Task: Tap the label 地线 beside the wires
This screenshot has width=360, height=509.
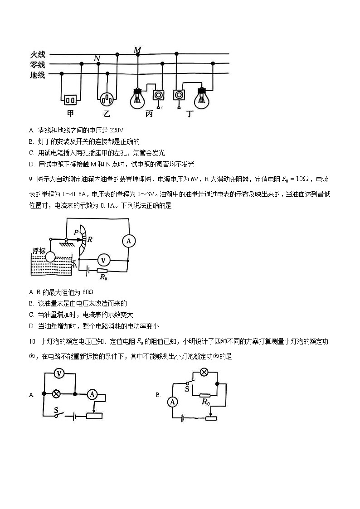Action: point(38,75)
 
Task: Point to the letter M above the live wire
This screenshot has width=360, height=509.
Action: point(137,49)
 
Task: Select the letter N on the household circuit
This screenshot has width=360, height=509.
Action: point(97,58)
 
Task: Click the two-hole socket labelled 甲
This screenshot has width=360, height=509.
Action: point(70,99)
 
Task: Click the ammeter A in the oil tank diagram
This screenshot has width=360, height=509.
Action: point(128,241)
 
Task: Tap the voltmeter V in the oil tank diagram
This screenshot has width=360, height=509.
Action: point(104,260)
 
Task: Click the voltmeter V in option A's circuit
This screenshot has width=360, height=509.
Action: point(58,373)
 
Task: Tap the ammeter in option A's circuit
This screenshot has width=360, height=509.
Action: point(92,394)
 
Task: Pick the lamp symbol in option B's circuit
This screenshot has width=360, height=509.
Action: point(204,373)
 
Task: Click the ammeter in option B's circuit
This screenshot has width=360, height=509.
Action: point(172,401)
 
